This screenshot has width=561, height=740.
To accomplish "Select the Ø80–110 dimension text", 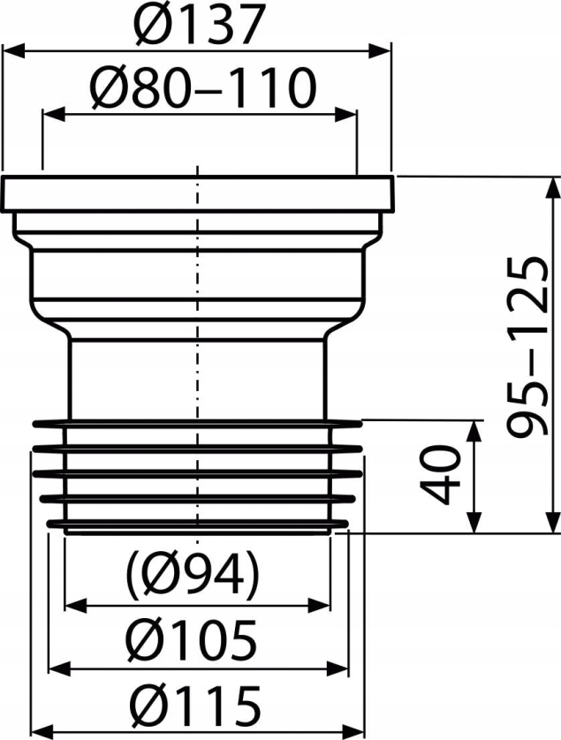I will [x=202, y=89].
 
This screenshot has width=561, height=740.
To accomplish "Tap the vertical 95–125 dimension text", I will [x=528, y=348].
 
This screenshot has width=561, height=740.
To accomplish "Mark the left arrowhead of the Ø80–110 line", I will [x=52, y=114].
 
